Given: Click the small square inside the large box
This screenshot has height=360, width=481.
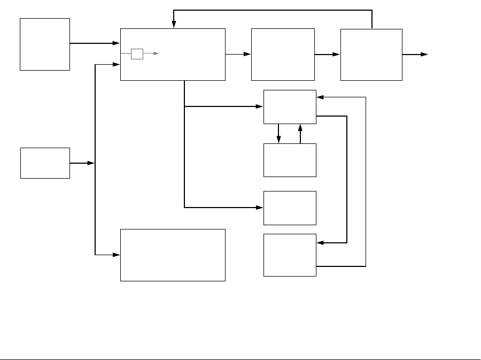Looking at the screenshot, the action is point(137,53).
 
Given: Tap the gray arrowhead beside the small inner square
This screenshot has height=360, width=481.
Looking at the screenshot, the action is point(156,53).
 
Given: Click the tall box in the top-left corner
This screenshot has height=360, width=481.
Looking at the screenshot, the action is point(45,44).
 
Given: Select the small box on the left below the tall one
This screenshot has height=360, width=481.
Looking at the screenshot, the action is point(45,163).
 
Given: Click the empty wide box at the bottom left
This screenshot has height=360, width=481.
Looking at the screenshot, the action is point(173,255).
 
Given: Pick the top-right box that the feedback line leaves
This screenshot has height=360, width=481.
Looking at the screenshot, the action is point(371,55).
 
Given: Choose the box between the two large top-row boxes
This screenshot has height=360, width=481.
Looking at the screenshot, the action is point(283,55).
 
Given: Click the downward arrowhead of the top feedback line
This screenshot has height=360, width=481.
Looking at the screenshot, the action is point(174,25).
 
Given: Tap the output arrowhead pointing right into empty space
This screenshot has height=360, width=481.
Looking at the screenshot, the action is point(424,55).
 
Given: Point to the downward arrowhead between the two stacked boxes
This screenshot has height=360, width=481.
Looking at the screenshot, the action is point(278,140).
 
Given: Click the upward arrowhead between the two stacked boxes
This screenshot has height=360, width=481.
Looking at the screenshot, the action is point(300,128).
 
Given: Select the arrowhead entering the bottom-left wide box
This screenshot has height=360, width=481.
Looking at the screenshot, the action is point(117,255).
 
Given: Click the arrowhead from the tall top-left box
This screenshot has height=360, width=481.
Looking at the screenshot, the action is point(117,43).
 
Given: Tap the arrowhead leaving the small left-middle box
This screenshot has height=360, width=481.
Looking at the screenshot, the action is point(91,163).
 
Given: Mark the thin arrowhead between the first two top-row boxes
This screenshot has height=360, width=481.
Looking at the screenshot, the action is point(247,54).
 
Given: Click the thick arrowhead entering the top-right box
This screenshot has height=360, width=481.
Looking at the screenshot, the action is point(337,54).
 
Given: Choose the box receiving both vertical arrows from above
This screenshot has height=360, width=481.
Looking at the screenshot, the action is point(290,160).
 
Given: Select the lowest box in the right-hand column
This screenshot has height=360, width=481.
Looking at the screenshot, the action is point(290,255).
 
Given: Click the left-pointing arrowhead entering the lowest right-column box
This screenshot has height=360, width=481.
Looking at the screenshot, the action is point(320,243).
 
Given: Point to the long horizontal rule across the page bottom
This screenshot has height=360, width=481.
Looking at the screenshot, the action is point(241,359).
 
